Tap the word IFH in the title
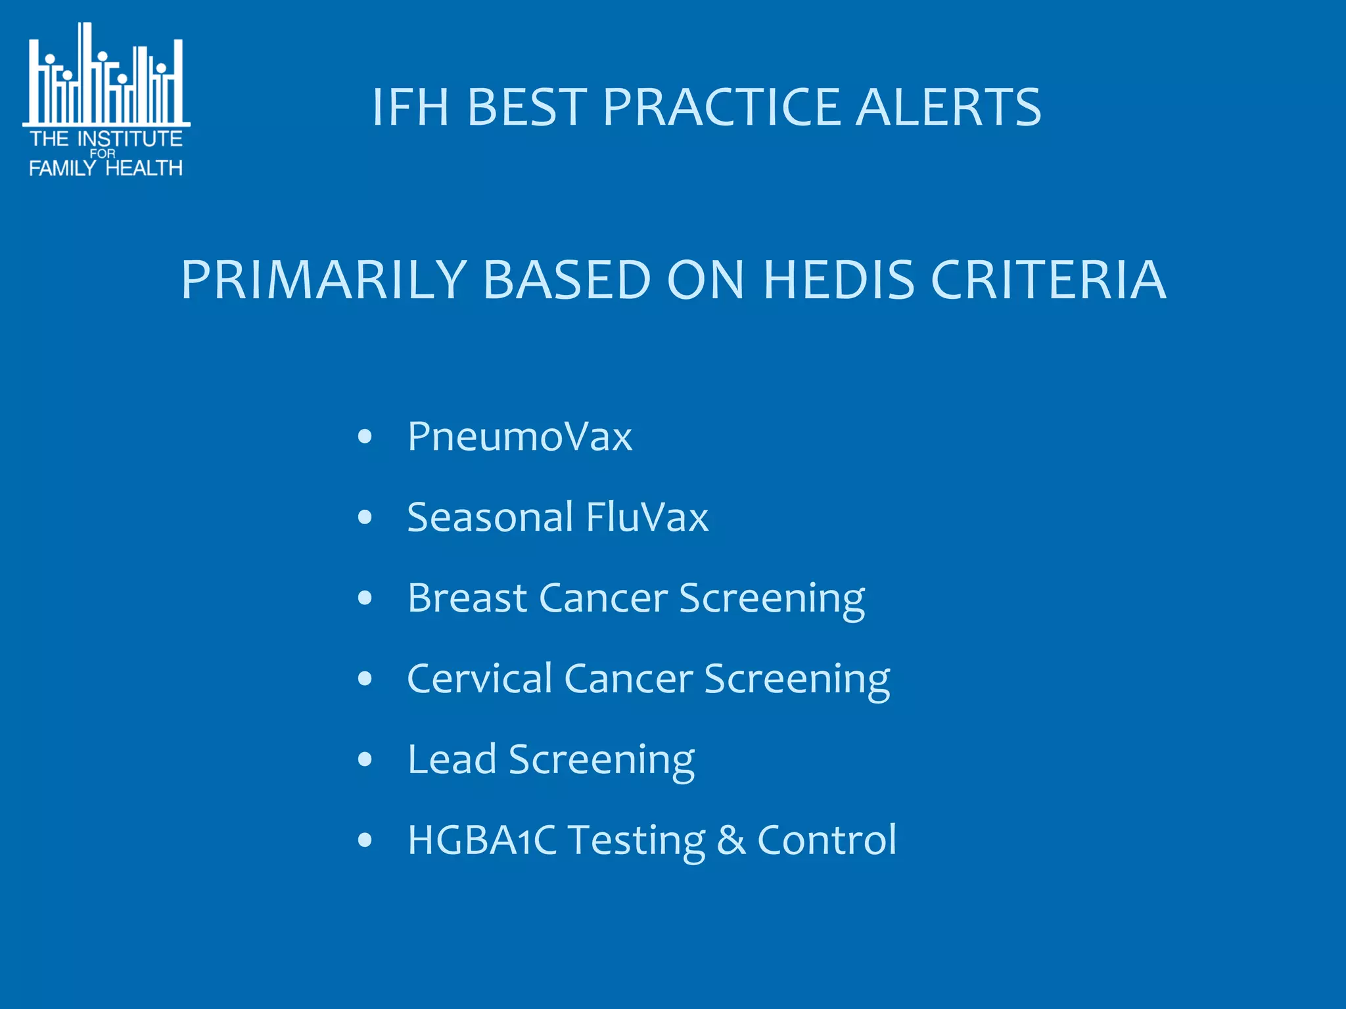(410, 107)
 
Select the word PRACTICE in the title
(722, 107)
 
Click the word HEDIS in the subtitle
(839, 280)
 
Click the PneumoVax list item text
(519, 436)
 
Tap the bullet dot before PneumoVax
(365, 437)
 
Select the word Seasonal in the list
(490, 517)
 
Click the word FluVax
(647, 517)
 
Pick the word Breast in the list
(467, 598)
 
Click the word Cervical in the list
(480, 679)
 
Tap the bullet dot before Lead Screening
(365, 760)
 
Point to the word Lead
(452, 759)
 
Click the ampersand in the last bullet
(731, 840)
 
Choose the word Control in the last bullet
(827, 840)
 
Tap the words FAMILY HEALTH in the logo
(106, 168)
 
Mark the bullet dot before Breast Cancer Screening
(365, 598)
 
